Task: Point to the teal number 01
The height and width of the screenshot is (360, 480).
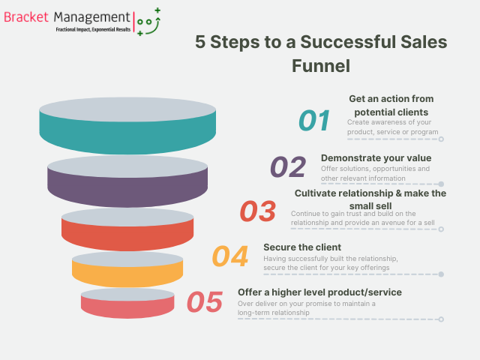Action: click(314, 121)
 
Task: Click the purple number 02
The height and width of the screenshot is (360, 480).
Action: click(288, 166)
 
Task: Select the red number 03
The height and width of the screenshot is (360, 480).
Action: click(258, 211)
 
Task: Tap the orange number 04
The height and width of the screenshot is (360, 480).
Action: click(230, 256)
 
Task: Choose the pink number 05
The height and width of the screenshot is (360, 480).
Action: click(204, 302)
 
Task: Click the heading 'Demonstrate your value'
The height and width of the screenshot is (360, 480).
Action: click(376, 157)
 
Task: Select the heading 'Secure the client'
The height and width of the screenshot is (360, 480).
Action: click(302, 247)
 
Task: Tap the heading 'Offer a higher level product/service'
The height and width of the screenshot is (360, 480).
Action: click(319, 292)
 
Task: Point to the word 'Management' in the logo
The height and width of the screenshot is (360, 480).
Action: click(92, 16)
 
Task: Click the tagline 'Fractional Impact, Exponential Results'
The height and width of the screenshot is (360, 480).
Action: click(93, 30)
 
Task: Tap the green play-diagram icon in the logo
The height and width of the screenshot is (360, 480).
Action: click(148, 22)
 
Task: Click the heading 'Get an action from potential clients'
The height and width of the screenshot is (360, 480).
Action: click(392, 105)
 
